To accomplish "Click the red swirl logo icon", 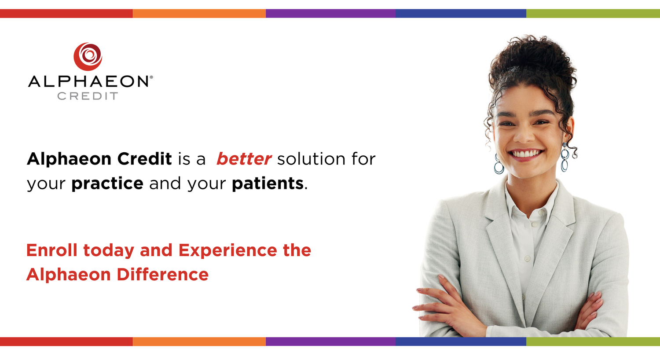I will tap(88, 56).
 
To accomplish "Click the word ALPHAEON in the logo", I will tap(88, 81).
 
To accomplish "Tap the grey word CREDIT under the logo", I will tap(88, 96).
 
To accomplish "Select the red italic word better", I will tap(244, 159).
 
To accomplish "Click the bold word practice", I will tap(107, 184).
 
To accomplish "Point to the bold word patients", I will tap(268, 184).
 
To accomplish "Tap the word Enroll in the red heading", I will tap(52, 250).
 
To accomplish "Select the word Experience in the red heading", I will tap(228, 250).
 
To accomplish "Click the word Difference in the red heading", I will tap(162, 275).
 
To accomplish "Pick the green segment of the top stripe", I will tap(593, 13).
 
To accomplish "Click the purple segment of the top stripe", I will tap(330, 13).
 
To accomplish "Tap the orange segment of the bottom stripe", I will tap(199, 342).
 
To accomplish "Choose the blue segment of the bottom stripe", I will tap(461, 342).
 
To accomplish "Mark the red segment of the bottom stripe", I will tap(66, 342).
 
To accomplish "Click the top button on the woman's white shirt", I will tap(534, 224).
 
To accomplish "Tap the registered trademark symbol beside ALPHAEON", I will tap(151, 77).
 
